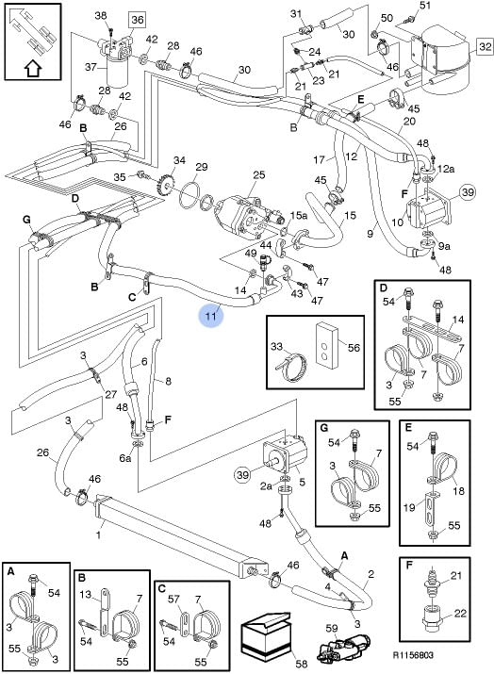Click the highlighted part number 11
point(211,317)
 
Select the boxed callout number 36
point(137,20)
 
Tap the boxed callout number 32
point(485,46)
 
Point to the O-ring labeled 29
point(189,195)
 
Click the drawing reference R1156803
point(413,654)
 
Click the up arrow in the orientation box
point(33,68)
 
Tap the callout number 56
point(354,347)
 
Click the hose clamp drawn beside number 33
point(292,367)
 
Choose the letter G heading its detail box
point(324,428)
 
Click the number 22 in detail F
point(460,613)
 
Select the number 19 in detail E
point(409,507)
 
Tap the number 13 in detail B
point(86,595)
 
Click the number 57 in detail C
point(173,600)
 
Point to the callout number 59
point(332,629)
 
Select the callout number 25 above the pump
point(259,175)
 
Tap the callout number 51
point(425,6)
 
